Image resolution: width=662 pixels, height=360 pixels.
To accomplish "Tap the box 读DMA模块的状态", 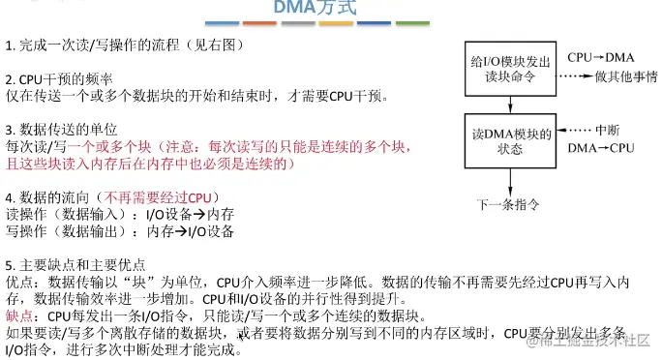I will [x=509, y=140].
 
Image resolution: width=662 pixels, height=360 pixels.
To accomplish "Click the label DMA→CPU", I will [x=600, y=147].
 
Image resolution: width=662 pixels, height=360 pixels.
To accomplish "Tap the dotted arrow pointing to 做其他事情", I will [x=574, y=75].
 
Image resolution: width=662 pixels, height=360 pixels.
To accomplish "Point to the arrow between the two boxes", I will [x=509, y=105].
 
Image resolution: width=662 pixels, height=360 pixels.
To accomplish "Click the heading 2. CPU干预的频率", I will [x=57, y=78].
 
